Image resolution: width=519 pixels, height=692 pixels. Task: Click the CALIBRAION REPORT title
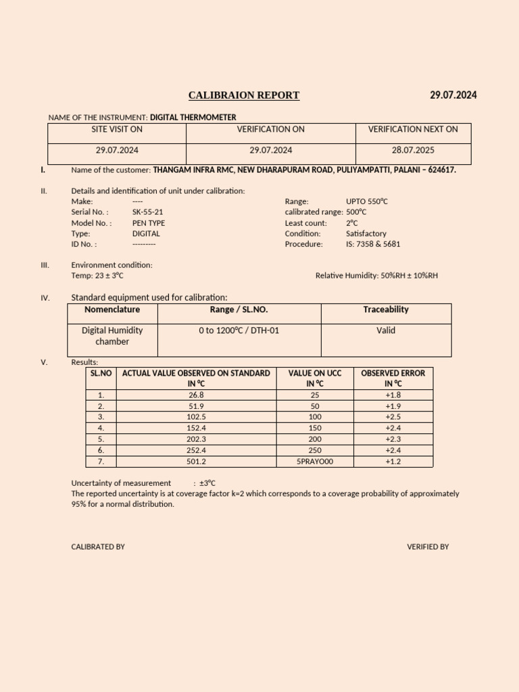point(243,95)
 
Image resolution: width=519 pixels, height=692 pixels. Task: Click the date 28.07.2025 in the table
point(413,150)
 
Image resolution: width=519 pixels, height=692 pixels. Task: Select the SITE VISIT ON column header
point(117,129)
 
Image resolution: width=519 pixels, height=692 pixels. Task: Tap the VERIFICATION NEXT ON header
point(413,129)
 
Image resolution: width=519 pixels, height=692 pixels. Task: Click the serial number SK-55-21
point(147,212)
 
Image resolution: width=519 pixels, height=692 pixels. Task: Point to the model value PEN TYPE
point(149,222)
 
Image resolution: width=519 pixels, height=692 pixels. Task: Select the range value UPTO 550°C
point(366,201)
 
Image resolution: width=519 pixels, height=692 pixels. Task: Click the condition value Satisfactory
point(366,233)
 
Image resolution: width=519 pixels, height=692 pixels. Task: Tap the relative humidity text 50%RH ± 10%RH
point(405,276)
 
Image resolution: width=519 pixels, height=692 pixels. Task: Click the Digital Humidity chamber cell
point(112,336)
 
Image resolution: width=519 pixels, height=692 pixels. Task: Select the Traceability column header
point(386,310)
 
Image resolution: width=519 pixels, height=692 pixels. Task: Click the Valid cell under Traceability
point(386,330)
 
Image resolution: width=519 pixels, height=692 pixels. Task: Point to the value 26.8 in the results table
point(196,395)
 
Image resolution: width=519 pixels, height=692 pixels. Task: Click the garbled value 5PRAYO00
point(315,462)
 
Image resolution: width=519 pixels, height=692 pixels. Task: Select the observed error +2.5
point(393,417)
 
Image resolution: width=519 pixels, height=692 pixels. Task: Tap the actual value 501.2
point(196,462)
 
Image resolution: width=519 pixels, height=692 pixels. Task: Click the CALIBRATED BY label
point(98,547)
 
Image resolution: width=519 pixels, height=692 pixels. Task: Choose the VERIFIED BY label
point(427,547)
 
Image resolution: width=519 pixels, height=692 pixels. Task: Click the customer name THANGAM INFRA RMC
point(193,170)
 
